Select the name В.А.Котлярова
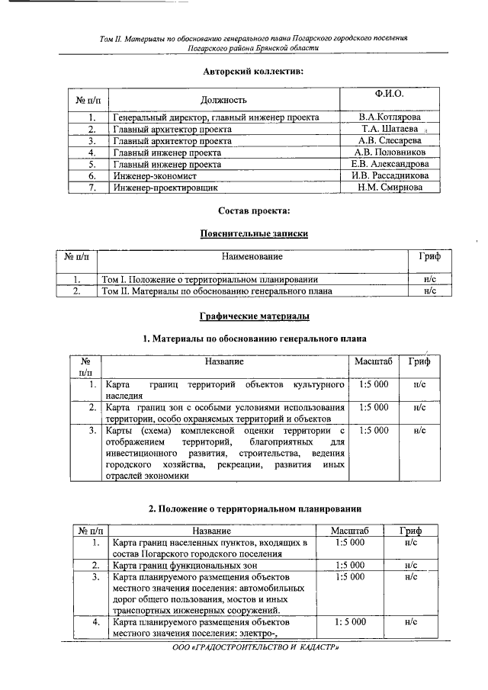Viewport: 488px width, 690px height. [389, 117]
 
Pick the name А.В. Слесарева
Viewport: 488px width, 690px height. [389, 140]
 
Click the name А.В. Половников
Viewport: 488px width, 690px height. [389, 152]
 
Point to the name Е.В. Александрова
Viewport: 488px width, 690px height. [389, 164]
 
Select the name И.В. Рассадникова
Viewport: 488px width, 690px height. [389, 175]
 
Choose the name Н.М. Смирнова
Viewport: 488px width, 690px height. [389, 187]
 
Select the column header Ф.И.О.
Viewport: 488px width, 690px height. [389, 94]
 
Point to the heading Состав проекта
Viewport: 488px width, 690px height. [254, 210]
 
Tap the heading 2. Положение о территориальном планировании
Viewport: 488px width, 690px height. [254, 509]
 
